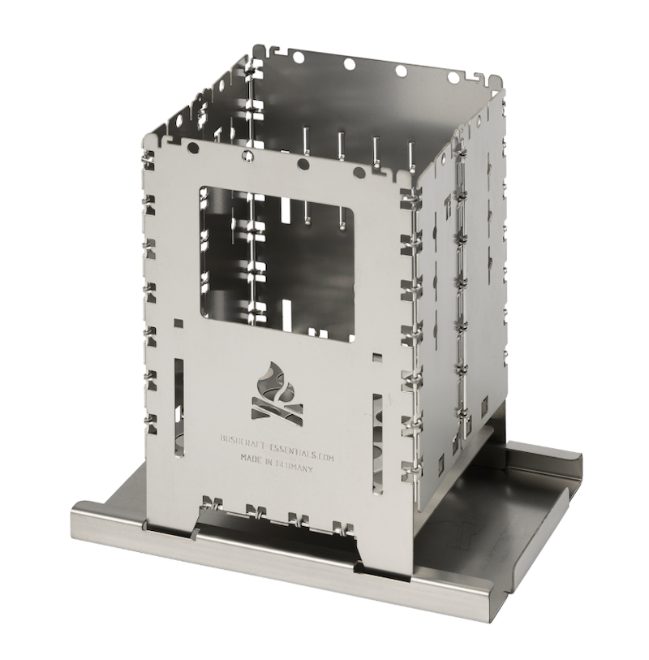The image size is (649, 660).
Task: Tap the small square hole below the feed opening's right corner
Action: tap(374, 356)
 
